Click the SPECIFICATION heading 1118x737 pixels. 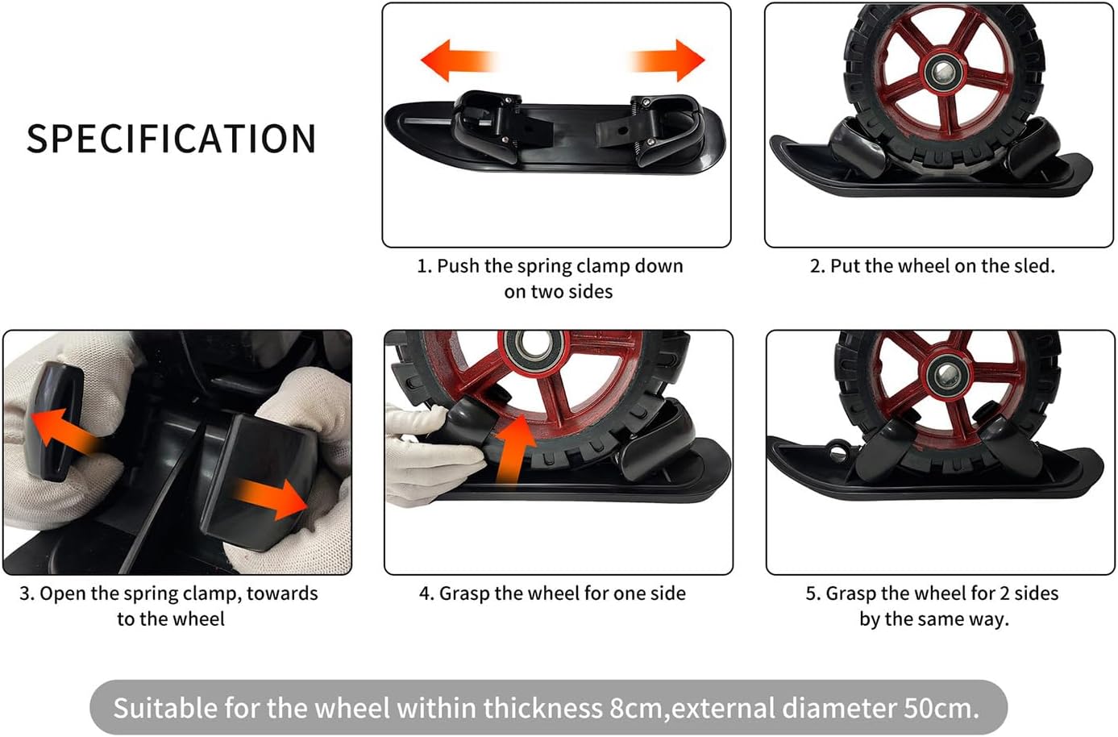tap(171, 139)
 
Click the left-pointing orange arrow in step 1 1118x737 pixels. tap(459, 60)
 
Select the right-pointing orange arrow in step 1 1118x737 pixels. tap(667, 60)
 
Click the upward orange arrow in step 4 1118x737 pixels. tap(514, 448)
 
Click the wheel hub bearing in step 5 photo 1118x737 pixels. tap(946, 374)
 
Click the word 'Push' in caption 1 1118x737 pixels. tap(458, 266)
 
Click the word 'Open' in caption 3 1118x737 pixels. tap(62, 593)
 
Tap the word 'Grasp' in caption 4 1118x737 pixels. tap(464, 593)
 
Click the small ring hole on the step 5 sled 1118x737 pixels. tap(837, 452)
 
